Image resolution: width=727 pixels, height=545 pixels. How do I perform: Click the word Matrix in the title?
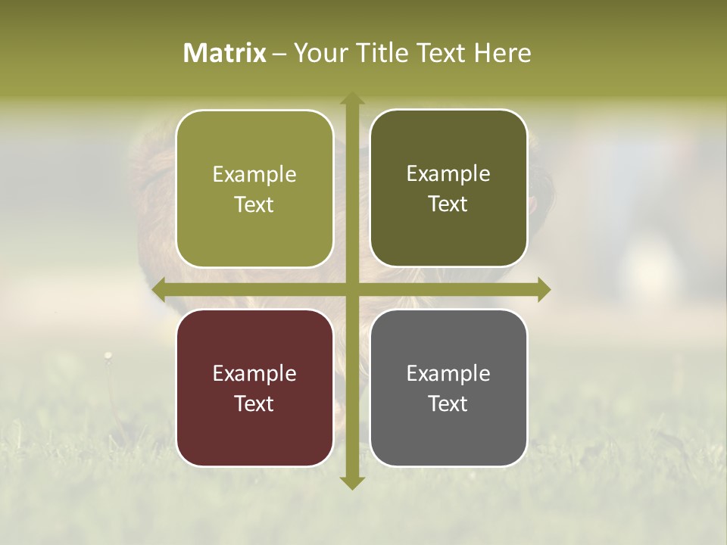pyautogui.click(x=225, y=53)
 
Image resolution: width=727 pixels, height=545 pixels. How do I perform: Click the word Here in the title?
pyautogui.click(x=503, y=53)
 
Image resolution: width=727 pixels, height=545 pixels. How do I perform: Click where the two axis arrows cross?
pyautogui.click(x=351, y=289)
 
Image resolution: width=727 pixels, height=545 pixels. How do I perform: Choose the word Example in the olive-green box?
pyautogui.click(x=254, y=175)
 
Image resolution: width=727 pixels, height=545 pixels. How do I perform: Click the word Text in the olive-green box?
pyautogui.click(x=254, y=205)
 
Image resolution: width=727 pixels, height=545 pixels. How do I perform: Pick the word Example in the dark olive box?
pyautogui.click(x=448, y=174)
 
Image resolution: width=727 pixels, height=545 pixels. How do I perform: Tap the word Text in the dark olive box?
pyautogui.click(x=448, y=204)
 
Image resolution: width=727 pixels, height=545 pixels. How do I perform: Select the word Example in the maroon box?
pyautogui.click(x=254, y=374)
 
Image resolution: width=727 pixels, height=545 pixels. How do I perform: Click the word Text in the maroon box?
pyautogui.click(x=254, y=404)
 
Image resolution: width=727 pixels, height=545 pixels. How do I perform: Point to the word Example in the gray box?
pyautogui.click(x=448, y=374)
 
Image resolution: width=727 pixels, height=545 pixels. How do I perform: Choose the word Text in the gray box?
pyautogui.click(x=448, y=404)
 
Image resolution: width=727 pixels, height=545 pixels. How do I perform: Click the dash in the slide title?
pyautogui.click(x=279, y=54)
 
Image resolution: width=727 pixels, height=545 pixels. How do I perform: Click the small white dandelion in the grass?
pyautogui.click(x=108, y=354)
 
